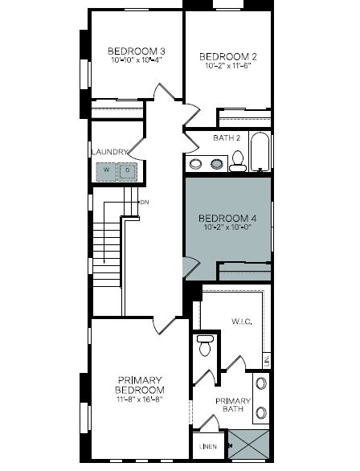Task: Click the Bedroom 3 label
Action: click(x=137, y=51)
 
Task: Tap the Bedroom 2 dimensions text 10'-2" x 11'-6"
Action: click(x=228, y=66)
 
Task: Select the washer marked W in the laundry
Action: click(x=106, y=172)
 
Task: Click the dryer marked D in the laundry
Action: click(x=127, y=172)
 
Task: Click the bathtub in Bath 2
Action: click(x=260, y=151)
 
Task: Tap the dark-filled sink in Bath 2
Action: click(x=217, y=164)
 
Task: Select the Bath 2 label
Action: click(x=227, y=138)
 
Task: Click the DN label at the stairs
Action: click(x=145, y=203)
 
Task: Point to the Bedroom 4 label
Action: click(x=227, y=218)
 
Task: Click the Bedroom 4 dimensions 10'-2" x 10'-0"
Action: click(x=227, y=227)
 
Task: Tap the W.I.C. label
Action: click(x=241, y=322)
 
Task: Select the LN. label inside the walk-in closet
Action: click(x=267, y=360)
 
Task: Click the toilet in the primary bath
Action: click(x=205, y=346)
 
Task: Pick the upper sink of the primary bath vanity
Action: click(x=261, y=384)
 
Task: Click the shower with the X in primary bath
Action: click(x=249, y=444)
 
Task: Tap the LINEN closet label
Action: click(x=208, y=447)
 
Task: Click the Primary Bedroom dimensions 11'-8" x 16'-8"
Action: click(x=140, y=399)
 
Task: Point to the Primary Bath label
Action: click(x=233, y=405)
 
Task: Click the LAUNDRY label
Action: click(x=109, y=152)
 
